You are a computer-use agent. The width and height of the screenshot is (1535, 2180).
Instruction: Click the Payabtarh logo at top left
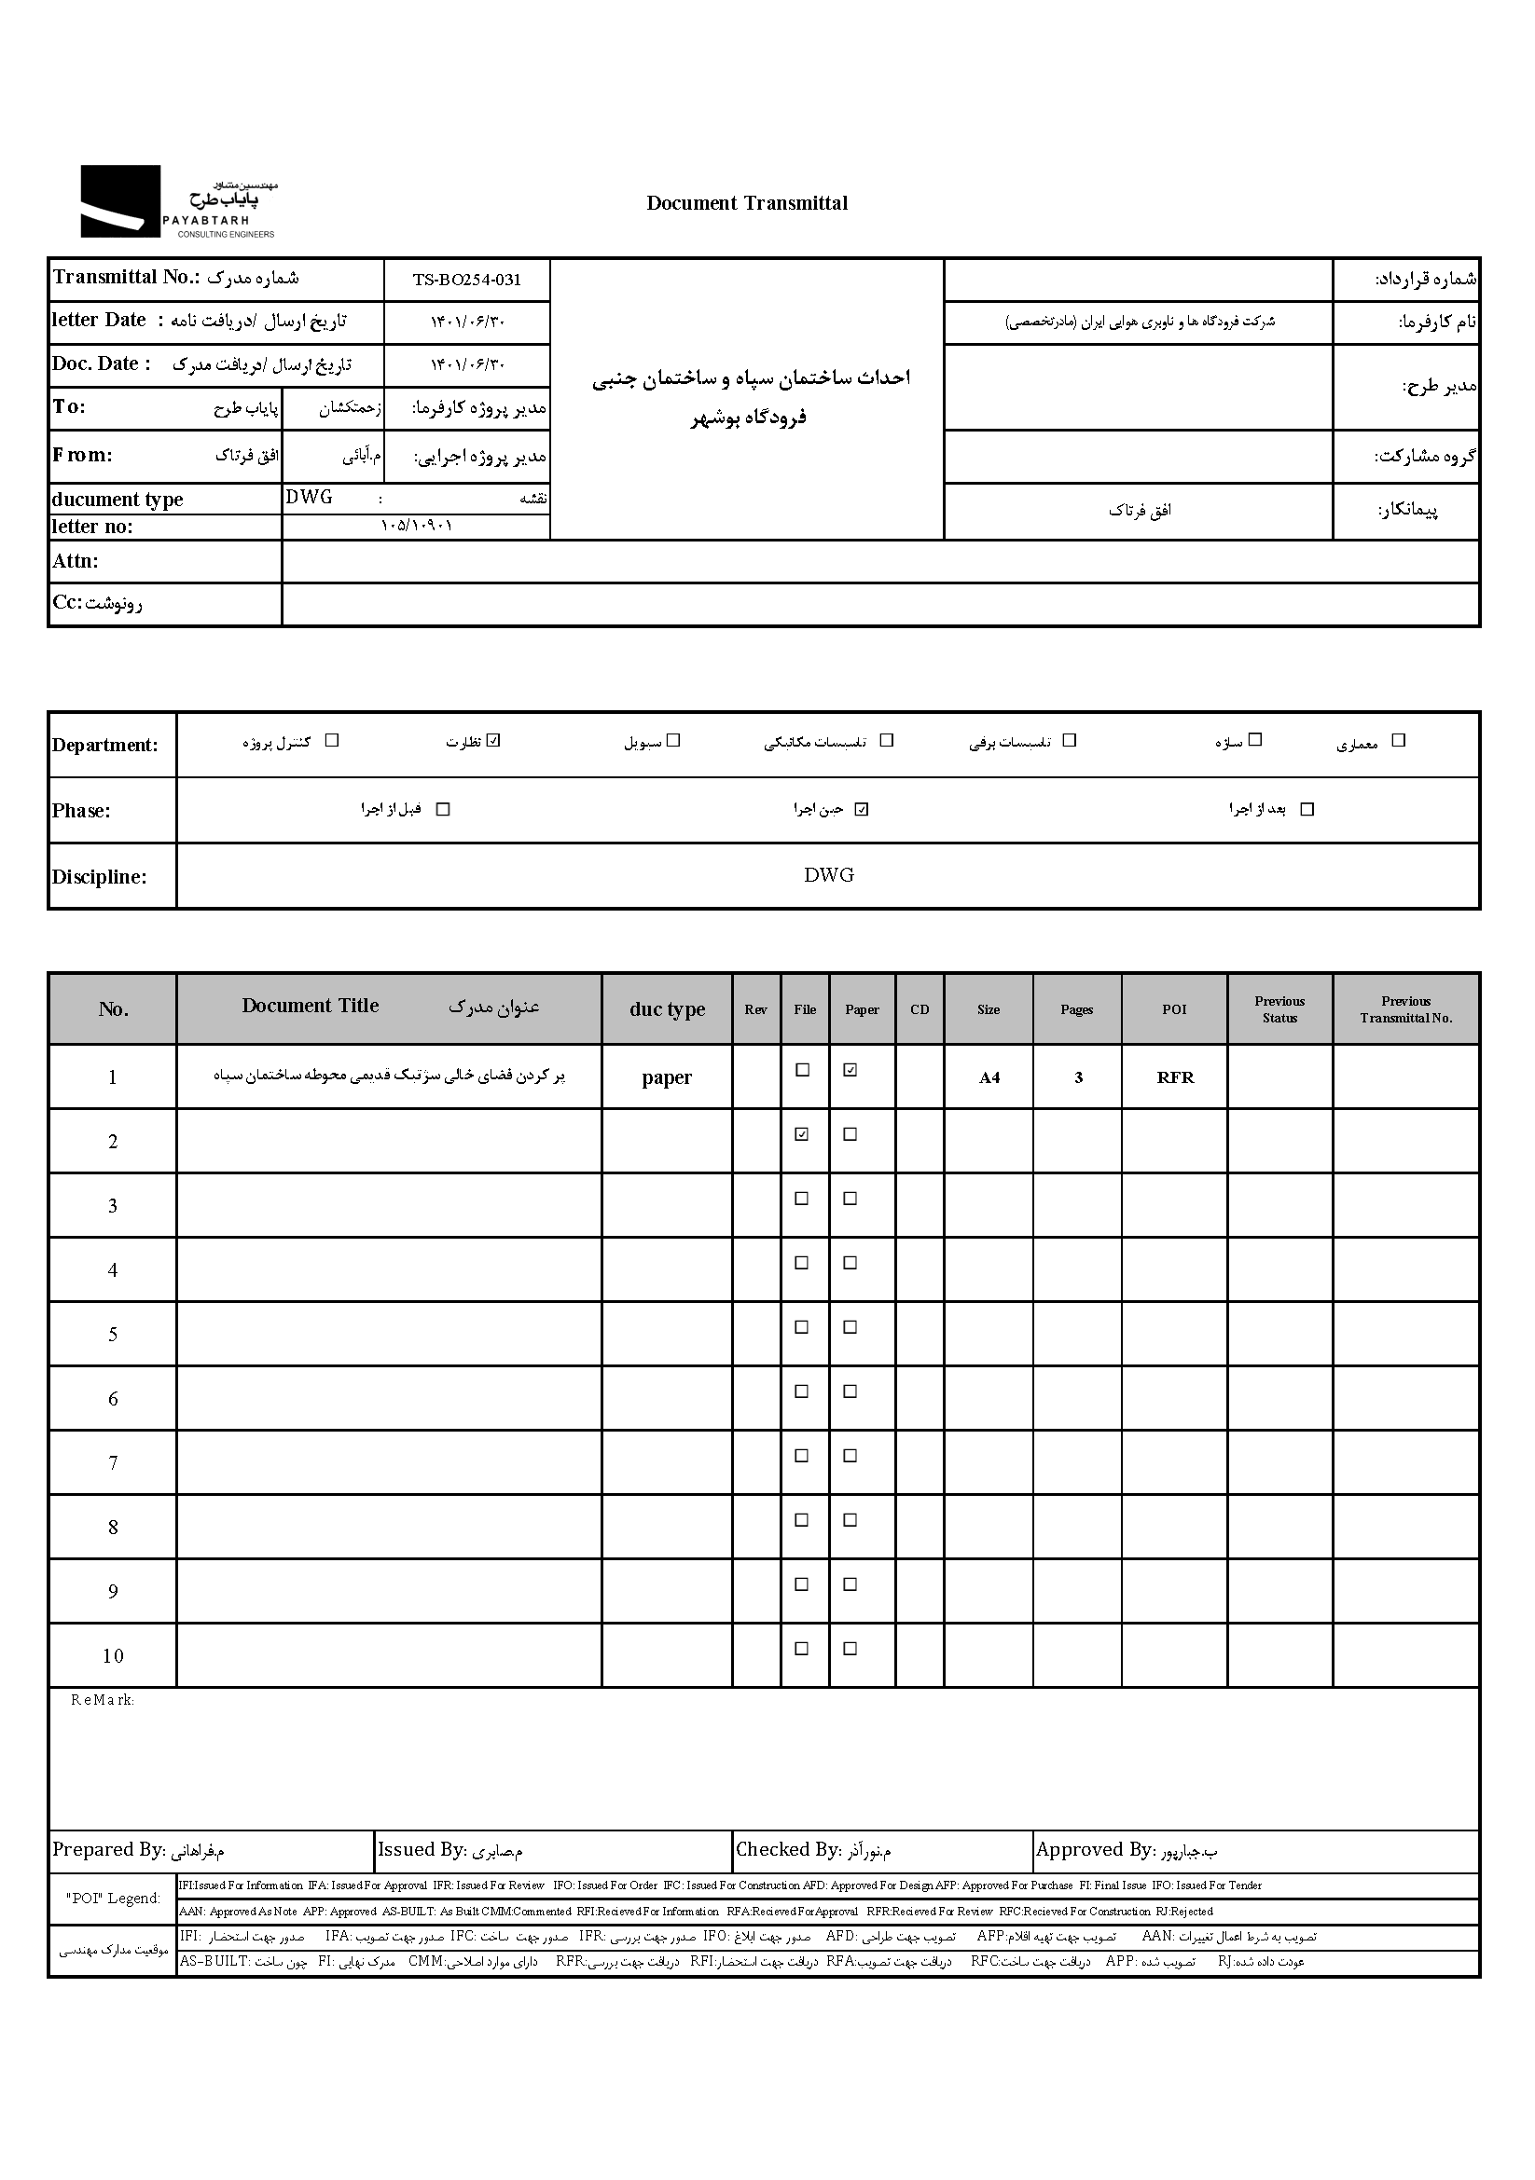point(177,201)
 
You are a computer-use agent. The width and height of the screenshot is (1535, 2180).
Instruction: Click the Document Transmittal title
point(747,203)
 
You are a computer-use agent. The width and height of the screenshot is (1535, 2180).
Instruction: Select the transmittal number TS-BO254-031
point(466,280)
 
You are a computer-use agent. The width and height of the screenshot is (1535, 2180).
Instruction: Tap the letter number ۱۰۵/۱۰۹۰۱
point(416,526)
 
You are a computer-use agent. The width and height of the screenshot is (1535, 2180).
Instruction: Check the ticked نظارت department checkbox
point(493,741)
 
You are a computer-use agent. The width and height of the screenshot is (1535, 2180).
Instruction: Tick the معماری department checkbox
point(1397,741)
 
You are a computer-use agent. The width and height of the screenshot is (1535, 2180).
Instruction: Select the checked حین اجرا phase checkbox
point(862,809)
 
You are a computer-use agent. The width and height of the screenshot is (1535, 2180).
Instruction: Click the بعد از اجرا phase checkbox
point(1307,809)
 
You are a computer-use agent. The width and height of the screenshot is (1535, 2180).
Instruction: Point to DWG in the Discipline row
point(828,875)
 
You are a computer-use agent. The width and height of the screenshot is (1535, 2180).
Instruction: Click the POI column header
point(1174,1009)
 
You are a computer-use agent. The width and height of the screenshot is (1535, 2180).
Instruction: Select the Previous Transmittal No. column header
point(1404,1009)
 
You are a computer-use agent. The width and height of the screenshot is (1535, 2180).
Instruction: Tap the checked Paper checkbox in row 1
point(850,1070)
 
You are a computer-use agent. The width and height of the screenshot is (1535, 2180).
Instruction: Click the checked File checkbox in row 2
point(802,1133)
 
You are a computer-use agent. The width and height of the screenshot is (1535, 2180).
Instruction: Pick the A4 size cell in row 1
point(989,1077)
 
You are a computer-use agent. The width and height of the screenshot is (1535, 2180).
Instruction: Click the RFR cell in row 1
point(1175,1077)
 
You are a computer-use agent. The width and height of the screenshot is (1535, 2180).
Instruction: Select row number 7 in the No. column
point(113,1463)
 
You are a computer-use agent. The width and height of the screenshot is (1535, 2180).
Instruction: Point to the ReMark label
point(103,1701)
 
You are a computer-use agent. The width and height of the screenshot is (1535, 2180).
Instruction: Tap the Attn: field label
point(76,561)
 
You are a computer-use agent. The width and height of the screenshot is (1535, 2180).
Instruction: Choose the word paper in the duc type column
point(667,1077)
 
